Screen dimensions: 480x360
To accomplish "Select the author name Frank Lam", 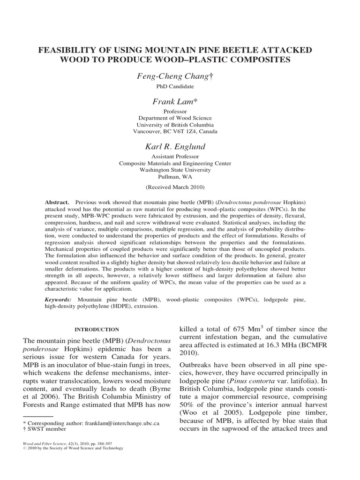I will tap(180, 101).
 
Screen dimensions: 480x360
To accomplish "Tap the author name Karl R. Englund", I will tap(180, 146).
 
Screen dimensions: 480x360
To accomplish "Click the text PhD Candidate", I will tap(180, 87).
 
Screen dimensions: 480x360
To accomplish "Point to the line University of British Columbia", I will tap(180, 125).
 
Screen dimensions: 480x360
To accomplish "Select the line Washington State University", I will tap(180, 171).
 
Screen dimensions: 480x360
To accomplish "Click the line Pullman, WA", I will tap(180, 178).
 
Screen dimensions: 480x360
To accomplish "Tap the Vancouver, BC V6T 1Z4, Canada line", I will tap(180, 132).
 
